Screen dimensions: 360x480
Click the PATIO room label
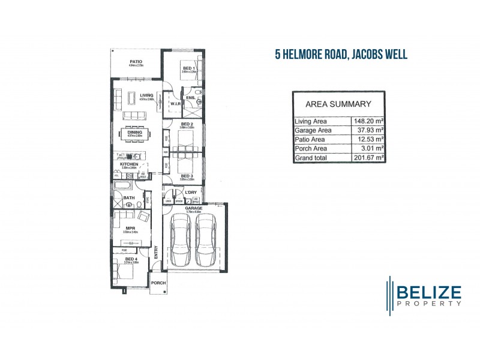pyautogui.click(x=136, y=61)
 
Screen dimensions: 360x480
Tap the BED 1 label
pyautogui.click(x=188, y=68)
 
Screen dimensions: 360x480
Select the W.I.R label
pyautogui.click(x=175, y=103)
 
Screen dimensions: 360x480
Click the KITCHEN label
pyautogui.click(x=129, y=163)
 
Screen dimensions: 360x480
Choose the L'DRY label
pyautogui.click(x=191, y=192)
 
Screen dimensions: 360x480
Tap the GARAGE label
pyautogui.click(x=193, y=208)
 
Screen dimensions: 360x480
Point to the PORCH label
pyautogui.click(x=158, y=283)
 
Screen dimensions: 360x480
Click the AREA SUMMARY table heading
pyautogui.click(x=338, y=103)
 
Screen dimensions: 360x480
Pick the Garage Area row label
pyautogui.click(x=313, y=130)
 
